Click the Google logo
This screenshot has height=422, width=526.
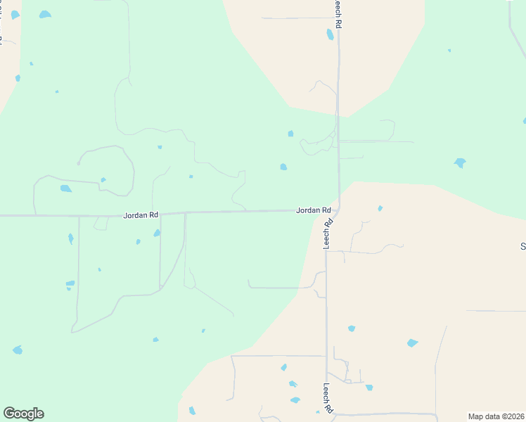coord(23,414)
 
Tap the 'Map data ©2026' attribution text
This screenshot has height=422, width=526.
coord(496,416)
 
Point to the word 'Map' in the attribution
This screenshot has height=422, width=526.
coord(476,416)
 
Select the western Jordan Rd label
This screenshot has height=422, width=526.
coord(141,215)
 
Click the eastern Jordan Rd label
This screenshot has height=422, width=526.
coord(314,210)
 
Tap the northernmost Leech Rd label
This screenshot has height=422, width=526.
coord(338,14)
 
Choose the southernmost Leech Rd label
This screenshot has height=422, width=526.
coord(327,397)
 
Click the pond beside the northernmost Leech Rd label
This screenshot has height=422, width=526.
coord(330,34)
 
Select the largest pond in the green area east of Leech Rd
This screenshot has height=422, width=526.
coord(460,163)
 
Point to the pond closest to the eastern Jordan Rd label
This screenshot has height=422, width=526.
coord(283,167)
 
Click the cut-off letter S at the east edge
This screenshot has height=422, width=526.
coord(522,246)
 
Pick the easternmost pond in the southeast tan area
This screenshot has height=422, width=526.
coord(412,343)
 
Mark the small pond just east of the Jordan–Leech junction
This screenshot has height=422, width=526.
coord(380,208)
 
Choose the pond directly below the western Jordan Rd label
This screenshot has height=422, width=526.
coord(157,233)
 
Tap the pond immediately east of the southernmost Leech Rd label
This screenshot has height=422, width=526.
coord(368,388)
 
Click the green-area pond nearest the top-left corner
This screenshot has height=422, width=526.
coord(45,14)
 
